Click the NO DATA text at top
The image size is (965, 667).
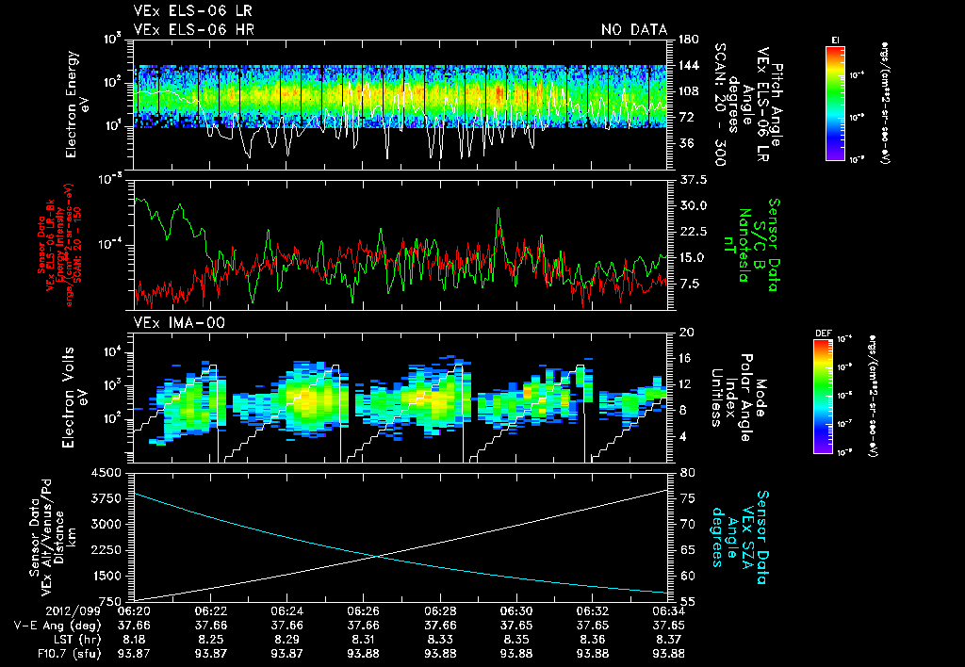pos(634,30)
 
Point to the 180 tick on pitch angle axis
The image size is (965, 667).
pos(685,39)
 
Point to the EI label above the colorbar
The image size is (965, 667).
pos(836,39)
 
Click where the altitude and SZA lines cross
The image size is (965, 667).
pos(378,556)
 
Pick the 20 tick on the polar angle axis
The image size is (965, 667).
pos(685,333)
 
